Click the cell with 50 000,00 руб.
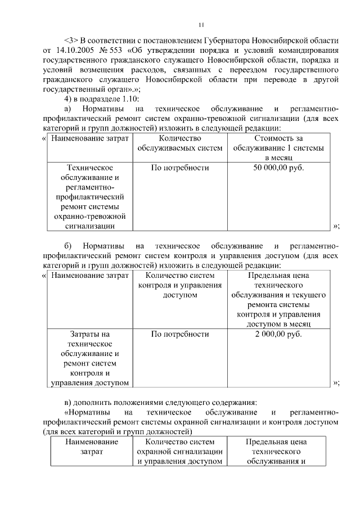(278, 168)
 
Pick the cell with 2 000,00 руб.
(278, 334)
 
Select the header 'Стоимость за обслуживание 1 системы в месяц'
(278, 148)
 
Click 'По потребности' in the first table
(180, 168)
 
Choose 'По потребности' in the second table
(180, 334)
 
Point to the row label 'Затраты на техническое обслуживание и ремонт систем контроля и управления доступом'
(91, 358)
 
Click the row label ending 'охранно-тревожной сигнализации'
(91, 196)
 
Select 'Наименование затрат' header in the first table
(91, 138)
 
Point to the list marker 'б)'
(68, 246)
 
